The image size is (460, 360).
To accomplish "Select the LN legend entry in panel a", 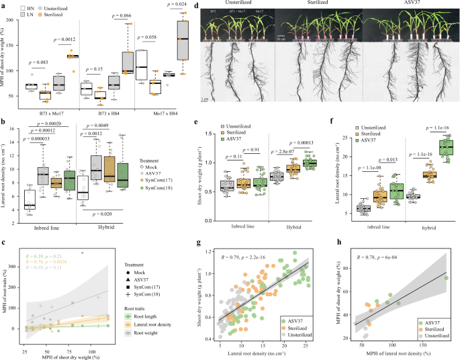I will click(29, 13).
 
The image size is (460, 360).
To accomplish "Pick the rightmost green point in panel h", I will click(447, 259).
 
